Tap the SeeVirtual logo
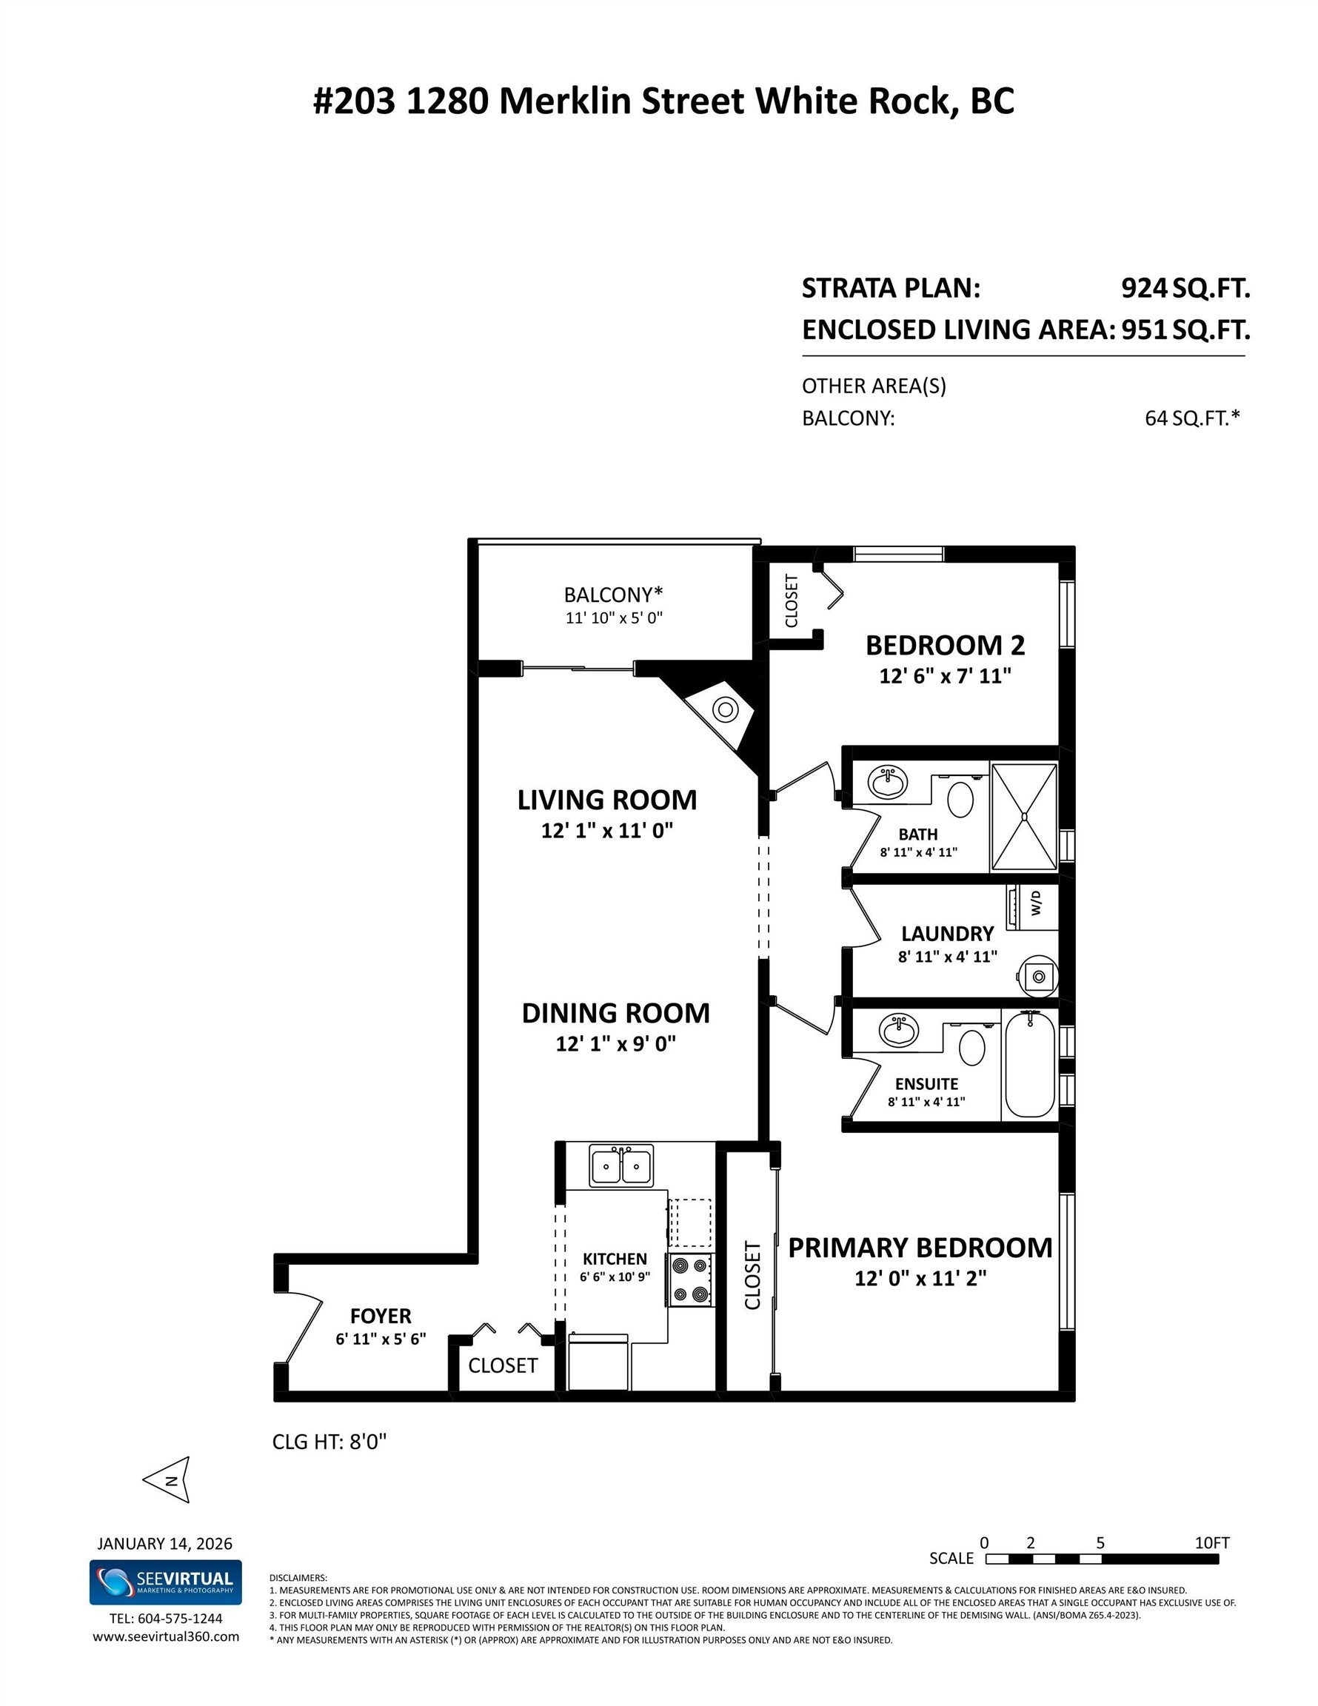tap(166, 1582)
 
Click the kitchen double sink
tap(621, 1166)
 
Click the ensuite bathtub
tap(1030, 1064)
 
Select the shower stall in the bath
tap(1024, 816)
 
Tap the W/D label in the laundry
tap(1036, 906)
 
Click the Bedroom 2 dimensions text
tap(945, 676)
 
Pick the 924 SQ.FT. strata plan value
tap(1185, 288)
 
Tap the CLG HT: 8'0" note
tap(329, 1441)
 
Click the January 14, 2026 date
tap(165, 1544)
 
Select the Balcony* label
tap(613, 595)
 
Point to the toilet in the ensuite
tap(971, 1047)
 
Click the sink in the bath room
tap(889, 781)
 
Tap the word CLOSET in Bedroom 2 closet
tap(792, 601)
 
